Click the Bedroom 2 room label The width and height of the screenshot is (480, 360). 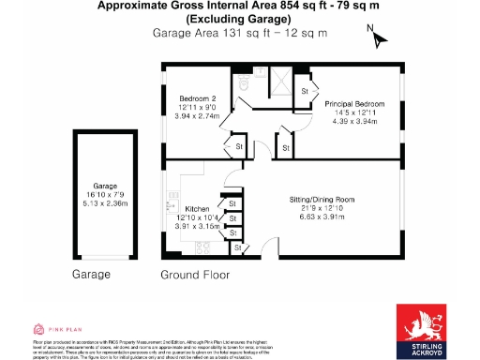tap(199, 98)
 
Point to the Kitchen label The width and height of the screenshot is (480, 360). tap(197, 208)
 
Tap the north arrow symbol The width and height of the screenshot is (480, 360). tap(378, 38)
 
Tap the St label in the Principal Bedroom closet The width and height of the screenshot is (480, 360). tap(306, 92)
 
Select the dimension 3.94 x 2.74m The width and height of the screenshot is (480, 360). tap(199, 116)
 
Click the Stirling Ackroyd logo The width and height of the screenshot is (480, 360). tap(426, 329)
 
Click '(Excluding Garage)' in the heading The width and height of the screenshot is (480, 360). tap(239, 19)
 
